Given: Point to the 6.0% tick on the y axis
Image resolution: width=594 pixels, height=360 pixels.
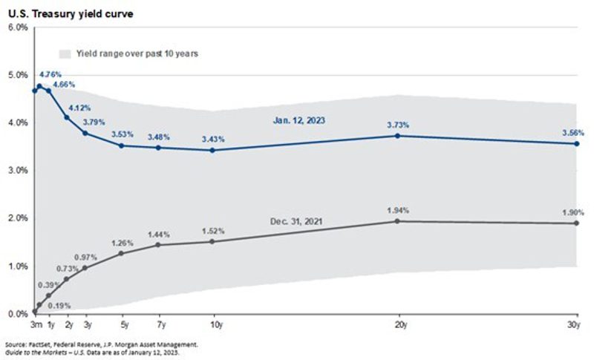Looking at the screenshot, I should (17, 27).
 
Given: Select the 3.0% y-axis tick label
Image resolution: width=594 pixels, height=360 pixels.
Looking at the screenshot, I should (17, 170).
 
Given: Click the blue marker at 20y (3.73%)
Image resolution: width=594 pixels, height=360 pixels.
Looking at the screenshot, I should (399, 136).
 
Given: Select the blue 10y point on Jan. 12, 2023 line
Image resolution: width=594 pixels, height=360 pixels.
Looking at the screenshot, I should (213, 150).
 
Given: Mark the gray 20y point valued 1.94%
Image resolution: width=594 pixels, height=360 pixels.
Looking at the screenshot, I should (399, 221).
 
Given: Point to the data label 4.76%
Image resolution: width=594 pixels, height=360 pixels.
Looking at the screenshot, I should (49, 74).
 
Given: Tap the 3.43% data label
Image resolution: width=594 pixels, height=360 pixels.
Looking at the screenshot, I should (214, 140).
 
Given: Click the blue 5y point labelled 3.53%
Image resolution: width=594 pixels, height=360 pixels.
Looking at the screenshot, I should (123, 145).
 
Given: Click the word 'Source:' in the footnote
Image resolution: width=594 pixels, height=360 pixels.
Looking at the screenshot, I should (16, 345).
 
